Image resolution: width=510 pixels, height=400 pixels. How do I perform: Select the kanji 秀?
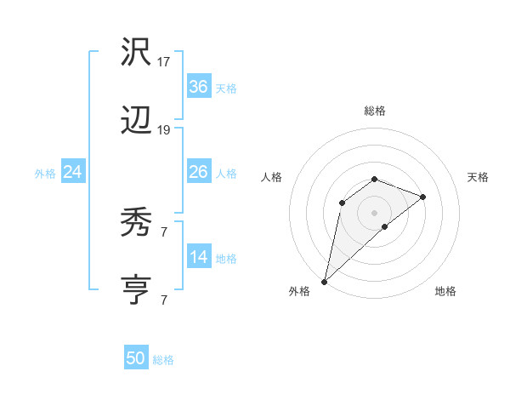point(137,223)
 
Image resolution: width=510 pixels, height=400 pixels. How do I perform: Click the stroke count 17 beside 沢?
point(164,62)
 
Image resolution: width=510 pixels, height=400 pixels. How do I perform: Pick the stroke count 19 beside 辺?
point(164,130)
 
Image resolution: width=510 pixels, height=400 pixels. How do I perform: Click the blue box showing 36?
point(199,87)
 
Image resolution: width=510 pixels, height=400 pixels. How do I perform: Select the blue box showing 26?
point(199,172)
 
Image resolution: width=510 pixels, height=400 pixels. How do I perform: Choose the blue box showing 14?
point(199,257)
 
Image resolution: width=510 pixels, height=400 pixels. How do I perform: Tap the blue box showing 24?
point(73,172)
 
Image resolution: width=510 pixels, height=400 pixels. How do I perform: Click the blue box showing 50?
point(136,358)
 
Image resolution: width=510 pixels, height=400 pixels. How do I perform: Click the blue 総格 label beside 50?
point(163,360)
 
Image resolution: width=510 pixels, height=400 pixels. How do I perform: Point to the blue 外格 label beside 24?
point(45,174)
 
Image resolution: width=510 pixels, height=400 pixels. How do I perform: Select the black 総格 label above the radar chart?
point(375,111)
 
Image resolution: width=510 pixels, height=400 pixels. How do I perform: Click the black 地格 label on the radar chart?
point(445,291)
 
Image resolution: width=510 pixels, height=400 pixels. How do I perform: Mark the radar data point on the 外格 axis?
point(325,281)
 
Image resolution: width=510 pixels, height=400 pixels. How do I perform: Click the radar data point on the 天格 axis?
point(423,197)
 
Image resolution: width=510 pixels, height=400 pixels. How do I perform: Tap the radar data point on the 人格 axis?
point(342,202)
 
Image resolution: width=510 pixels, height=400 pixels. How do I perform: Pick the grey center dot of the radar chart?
point(375,212)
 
